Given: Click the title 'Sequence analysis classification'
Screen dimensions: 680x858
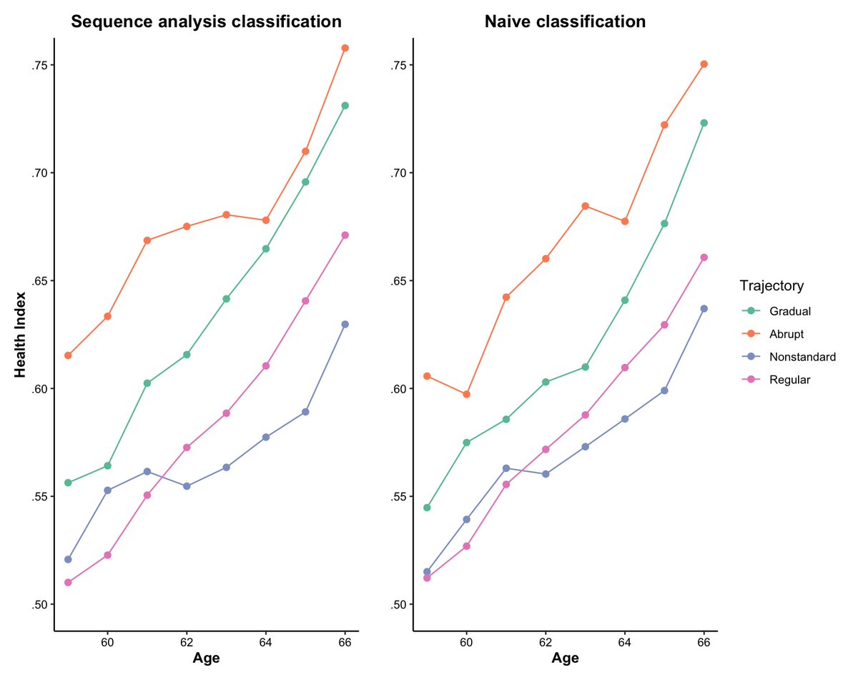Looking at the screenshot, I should coord(206,22).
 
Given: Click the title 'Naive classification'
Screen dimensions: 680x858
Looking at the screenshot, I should coord(565,22).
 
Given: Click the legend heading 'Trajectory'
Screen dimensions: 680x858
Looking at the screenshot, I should coord(771,286).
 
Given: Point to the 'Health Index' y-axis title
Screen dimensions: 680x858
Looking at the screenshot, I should coord(21,334).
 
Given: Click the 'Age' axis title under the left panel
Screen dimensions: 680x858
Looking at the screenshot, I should coord(206,659).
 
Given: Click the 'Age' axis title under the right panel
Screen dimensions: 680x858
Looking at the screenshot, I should coord(565,659).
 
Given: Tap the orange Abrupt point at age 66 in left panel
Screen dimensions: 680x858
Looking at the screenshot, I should coord(345,48).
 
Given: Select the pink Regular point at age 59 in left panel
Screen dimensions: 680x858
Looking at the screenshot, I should coord(68,582).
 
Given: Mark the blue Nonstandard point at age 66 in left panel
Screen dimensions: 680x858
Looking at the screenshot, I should coord(345,324).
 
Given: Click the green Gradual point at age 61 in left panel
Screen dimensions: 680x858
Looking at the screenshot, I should coord(147,383).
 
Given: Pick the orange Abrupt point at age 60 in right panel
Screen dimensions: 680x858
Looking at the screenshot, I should coord(467,394).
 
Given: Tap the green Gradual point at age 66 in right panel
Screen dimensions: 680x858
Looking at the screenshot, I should coord(704,123).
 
